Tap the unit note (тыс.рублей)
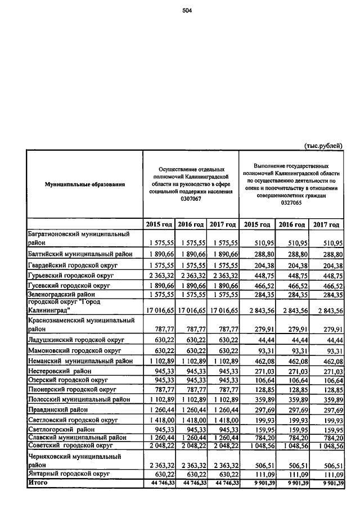323,146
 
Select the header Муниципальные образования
85,184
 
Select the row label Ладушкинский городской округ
76,340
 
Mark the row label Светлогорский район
62,430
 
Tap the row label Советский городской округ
70,445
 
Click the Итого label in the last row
38,483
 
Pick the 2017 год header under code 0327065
326,225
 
